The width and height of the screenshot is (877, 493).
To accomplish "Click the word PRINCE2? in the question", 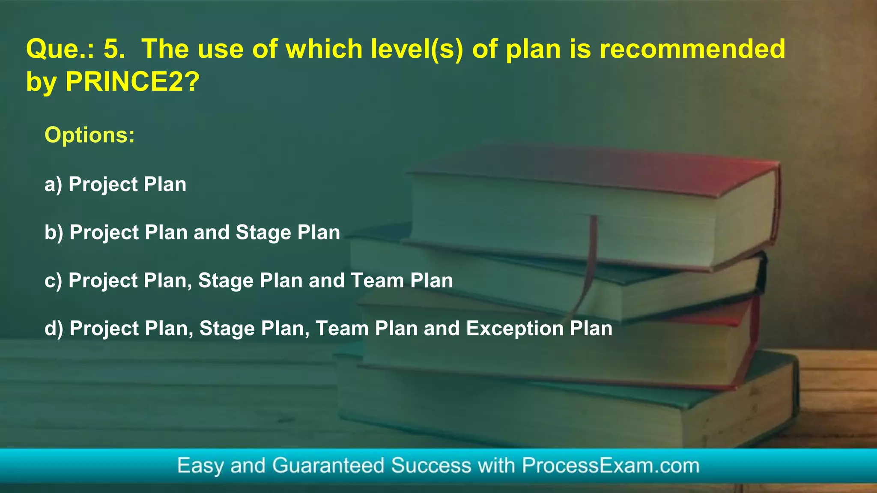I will (x=132, y=81).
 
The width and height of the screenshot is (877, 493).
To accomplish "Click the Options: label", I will (x=90, y=135).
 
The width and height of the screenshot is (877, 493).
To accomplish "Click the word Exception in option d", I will (x=515, y=329).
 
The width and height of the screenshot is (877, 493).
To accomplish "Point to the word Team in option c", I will (x=377, y=281).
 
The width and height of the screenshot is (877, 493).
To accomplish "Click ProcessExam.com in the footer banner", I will (x=610, y=466).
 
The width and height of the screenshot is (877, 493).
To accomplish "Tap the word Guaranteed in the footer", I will (x=328, y=466).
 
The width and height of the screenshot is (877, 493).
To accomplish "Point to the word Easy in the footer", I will (x=200, y=466).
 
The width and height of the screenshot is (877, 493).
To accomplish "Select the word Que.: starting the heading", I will (x=60, y=49).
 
